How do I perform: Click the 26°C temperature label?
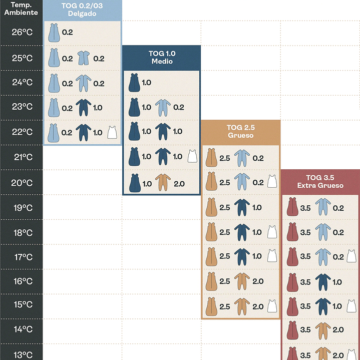(x=22, y=33)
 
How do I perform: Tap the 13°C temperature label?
(x=22, y=354)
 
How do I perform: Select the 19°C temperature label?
(x=22, y=207)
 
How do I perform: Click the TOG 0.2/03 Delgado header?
(x=83, y=10)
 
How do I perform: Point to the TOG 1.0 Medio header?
(x=161, y=57)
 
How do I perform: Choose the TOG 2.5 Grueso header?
(x=240, y=132)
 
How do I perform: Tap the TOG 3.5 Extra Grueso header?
(x=320, y=181)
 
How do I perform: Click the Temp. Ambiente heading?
(x=22, y=9)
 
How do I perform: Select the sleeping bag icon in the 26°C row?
(x=54, y=34)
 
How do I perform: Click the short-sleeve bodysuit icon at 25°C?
(x=84, y=58)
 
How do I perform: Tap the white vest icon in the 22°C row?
(x=113, y=133)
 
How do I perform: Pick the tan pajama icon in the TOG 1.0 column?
(x=162, y=183)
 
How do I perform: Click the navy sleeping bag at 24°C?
(x=134, y=83)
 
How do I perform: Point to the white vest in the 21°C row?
(x=192, y=157)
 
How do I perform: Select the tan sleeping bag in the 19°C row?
(x=211, y=207)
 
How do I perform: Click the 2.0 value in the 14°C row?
(x=338, y=330)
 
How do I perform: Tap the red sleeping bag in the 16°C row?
(x=292, y=281)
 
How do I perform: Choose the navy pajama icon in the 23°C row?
(x=84, y=107)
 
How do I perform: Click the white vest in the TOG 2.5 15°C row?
(x=272, y=306)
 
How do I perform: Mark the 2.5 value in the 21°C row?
(x=225, y=158)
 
